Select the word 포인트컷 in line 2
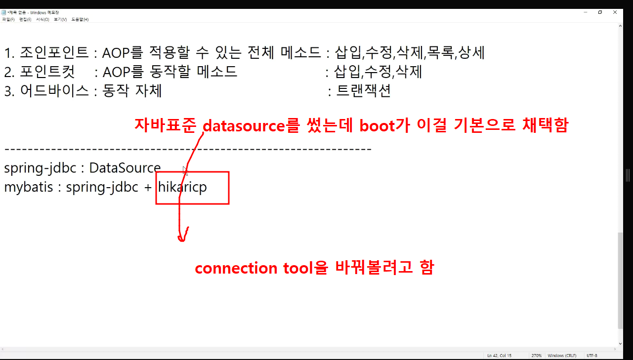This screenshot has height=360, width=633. (47, 72)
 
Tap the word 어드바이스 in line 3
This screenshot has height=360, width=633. (54, 91)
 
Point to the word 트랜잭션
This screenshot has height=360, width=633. (364, 91)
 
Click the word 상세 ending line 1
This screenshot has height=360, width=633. (471, 52)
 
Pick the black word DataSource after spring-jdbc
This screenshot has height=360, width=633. (125, 168)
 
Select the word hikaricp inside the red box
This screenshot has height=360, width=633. (182, 188)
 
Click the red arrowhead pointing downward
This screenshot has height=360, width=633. (182, 236)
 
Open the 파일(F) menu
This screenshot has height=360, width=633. (8, 19)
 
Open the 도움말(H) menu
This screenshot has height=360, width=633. (80, 19)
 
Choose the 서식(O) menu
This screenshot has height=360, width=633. (42, 19)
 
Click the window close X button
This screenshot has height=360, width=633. (620, 12)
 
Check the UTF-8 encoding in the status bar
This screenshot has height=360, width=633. (592, 356)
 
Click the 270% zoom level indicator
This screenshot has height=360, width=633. (537, 356)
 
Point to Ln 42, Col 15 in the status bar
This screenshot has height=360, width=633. (499, 356)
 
